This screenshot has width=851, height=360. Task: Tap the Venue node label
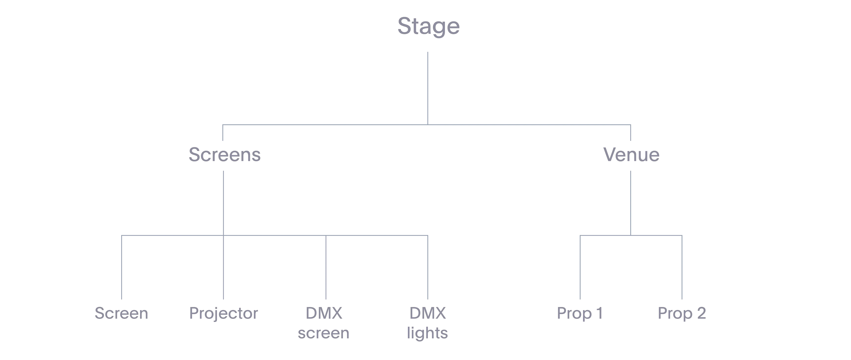631,154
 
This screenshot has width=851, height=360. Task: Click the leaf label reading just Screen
121,313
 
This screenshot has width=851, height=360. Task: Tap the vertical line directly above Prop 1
580,267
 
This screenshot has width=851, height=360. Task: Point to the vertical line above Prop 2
682,267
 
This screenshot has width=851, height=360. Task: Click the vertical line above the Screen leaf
121,267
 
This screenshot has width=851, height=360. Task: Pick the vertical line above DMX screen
326,267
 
